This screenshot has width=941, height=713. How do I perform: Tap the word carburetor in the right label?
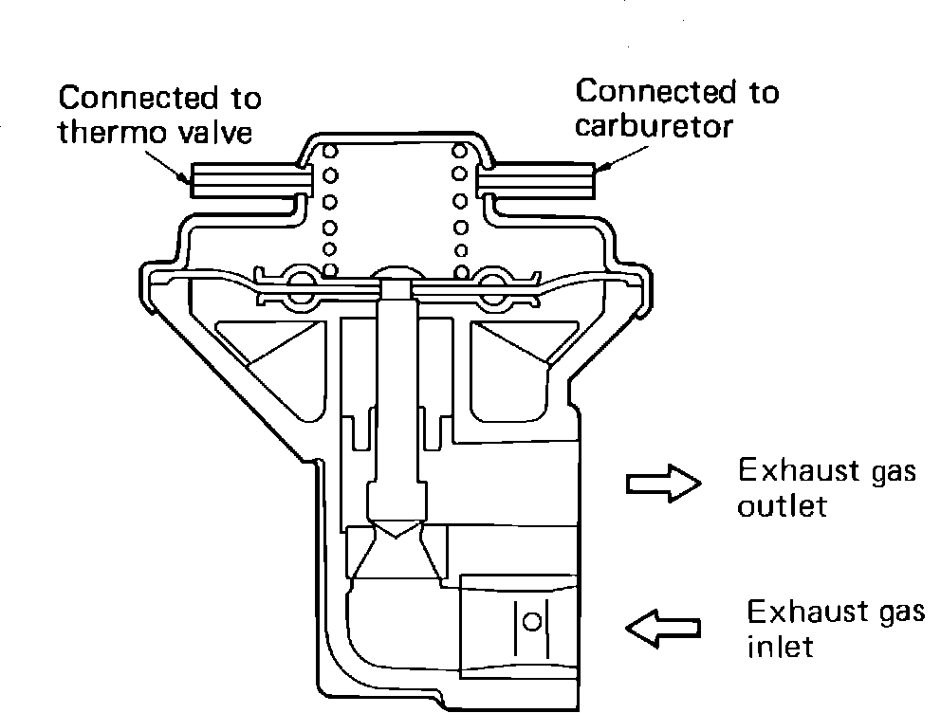click(x=655, y=126)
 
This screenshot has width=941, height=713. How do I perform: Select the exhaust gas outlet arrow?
click(x=662, y=484)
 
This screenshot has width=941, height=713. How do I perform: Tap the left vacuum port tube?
click(x=250, y=180)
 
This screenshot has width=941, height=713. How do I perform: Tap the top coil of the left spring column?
click(x=331, y=152)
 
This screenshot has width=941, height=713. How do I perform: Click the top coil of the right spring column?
click(x=460, y=152)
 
